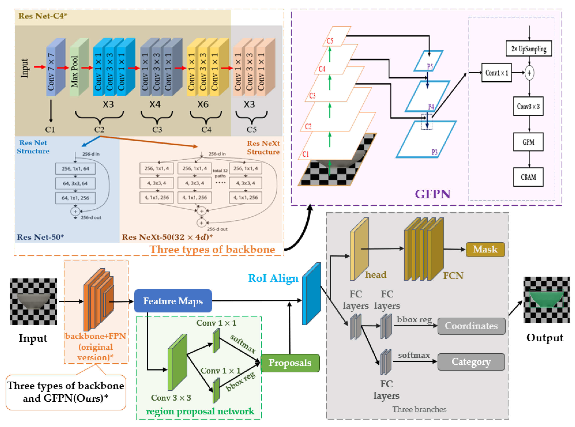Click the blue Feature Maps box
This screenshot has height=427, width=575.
pyautogui.click(x=173, y=301)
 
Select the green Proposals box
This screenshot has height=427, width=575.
pyautogui.click(x=290, y=363)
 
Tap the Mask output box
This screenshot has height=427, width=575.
pyautogui.click(x=485, y=249)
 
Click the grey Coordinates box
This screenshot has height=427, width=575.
pyautogui.click(x=471, y=326)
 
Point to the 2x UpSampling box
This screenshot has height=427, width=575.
pyautogui.click(x=529, y=49)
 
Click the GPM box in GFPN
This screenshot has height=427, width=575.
pyautogui.click(x=528, y=142)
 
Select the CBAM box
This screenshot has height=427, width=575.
pyautogui.click(x=528, y=177)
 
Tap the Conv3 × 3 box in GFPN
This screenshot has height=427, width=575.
pyautogui.click(x=528, y=106)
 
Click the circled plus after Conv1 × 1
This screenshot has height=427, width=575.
pyautogui.click(x=529, y=73)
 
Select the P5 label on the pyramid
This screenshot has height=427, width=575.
pyautogui.click(x=430, y=66)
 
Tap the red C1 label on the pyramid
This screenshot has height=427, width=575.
pyautogui.click(x=305, y=154)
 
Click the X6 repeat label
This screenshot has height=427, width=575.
pyautogui.click(x=203, y=104)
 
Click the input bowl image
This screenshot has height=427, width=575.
pyautogui.click(x=33, y=301)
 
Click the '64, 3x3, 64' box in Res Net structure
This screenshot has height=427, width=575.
pyautogui.click(x=75, y=183)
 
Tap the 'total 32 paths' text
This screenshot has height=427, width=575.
pyautogui.click(x=220, y=173)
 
